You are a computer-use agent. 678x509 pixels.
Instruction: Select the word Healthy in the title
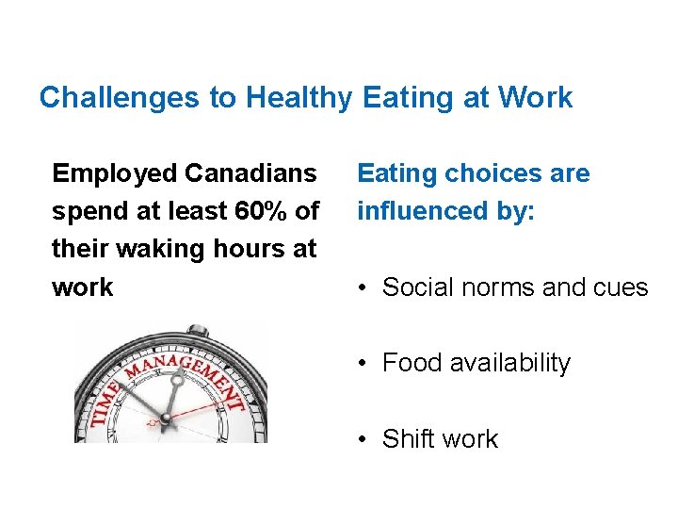[299, 97]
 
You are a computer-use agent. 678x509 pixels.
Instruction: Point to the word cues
[621, 287]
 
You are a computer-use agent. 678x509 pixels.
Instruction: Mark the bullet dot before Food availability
[364, 364]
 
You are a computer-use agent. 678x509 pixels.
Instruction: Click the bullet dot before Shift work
[364, 439]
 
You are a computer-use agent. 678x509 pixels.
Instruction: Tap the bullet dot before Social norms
[364, 288]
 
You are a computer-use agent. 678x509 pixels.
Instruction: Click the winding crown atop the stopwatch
[199, 330]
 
